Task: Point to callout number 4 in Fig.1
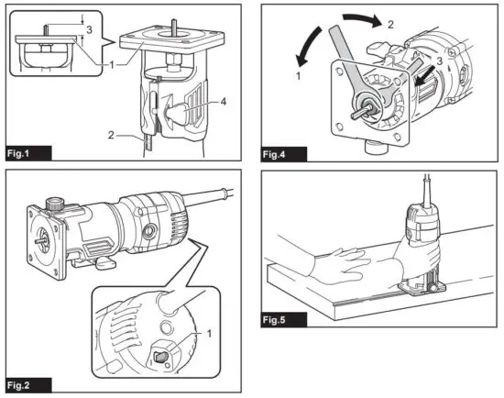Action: pos(225,104)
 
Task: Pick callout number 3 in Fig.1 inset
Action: pos(88,29)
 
